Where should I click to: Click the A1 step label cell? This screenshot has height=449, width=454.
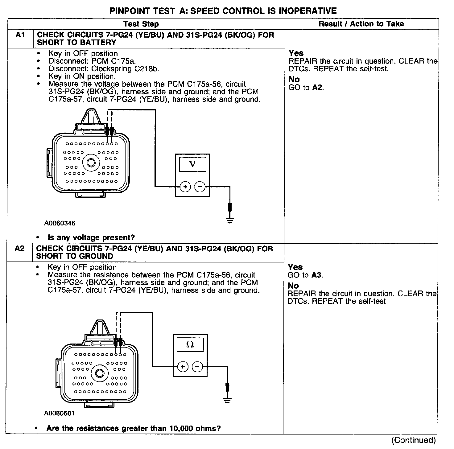point(20,35)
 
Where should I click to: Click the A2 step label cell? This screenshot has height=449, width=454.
point(19,249)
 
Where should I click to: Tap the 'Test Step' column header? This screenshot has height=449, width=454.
point(141,24)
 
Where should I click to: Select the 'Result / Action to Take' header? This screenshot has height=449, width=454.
point(361,24)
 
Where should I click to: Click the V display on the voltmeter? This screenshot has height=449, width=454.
point(192,164)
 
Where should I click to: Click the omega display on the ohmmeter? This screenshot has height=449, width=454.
point(190,344)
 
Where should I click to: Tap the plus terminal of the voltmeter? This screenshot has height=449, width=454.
point(185,187)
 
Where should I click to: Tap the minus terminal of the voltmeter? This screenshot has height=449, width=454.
point(200,187)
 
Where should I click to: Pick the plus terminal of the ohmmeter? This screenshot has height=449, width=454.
point(183,367)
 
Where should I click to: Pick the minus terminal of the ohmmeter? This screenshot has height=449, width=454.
point(197,367)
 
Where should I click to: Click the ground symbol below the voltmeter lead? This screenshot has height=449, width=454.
point(230,220)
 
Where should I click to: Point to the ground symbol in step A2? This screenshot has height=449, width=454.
point(227,401)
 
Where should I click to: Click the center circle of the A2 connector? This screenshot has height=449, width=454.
point(99,373)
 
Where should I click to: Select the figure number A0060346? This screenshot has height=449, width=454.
point(60,223)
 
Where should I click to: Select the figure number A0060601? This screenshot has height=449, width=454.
point(59,413)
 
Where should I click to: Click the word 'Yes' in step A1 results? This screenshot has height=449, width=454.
point(296,53)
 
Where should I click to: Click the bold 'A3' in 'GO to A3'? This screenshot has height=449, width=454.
point(317,275)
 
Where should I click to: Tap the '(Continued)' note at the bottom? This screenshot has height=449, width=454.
point(413,440)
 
